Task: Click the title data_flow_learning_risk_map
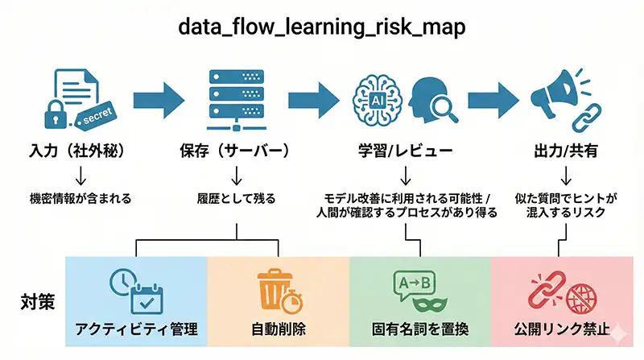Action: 322,26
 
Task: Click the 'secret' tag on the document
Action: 96,114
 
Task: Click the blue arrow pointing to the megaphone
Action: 494,98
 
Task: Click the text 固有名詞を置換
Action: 419,329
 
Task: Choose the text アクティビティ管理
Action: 136,329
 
